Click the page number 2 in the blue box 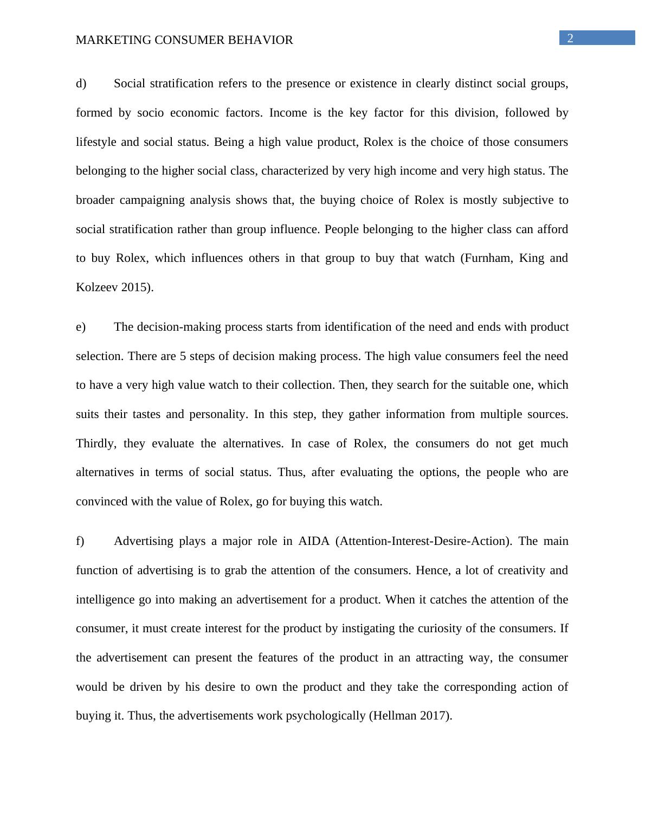coord(570,38)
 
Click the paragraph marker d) coord(81,83)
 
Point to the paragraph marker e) coord(81,327)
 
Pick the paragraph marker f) coord(80,541)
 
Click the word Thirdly coord(96,444)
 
